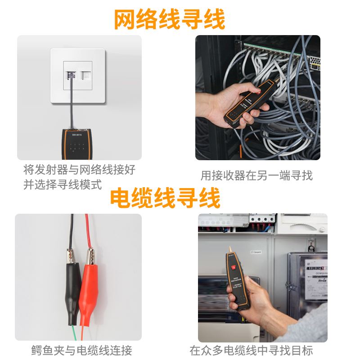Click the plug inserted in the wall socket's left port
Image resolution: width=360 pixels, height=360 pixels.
click(71, 75)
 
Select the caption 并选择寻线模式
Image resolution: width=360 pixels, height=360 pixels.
click(63, 184)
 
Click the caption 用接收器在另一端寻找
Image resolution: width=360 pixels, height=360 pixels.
click(256, 175)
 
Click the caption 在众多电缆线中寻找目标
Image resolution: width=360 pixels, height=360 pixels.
click(251, 350)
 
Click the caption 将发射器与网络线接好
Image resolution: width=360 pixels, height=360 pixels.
click(79, 170)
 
